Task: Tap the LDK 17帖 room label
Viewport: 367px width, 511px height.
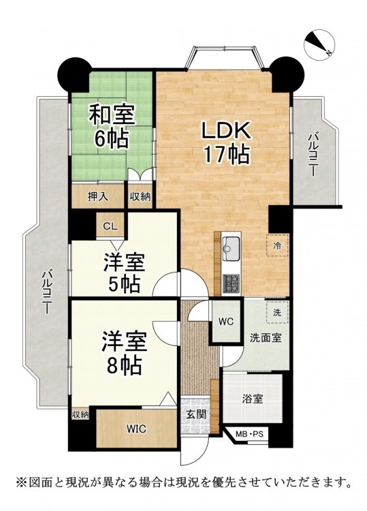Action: [227, 142]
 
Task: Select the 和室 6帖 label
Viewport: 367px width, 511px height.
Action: [112, 126]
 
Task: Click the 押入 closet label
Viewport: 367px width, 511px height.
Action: [97, 196]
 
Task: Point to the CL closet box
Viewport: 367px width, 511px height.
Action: [110, 226]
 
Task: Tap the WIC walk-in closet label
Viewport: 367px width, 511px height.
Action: [136, 429]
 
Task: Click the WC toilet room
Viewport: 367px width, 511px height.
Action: [226, 322]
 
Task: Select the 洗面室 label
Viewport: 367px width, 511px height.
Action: [266, 338]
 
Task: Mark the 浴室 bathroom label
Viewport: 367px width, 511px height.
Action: [253, 399]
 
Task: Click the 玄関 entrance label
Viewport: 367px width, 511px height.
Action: [196, 414]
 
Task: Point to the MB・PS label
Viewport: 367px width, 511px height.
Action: [250, 434]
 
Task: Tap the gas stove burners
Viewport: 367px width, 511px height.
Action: [231, 283]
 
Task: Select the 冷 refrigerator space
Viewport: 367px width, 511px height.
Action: [277, 245]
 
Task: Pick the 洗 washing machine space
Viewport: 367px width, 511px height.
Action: [277, 313]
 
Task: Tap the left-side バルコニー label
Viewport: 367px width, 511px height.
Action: [47, 292]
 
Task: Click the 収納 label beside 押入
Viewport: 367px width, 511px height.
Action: [140, 196]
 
